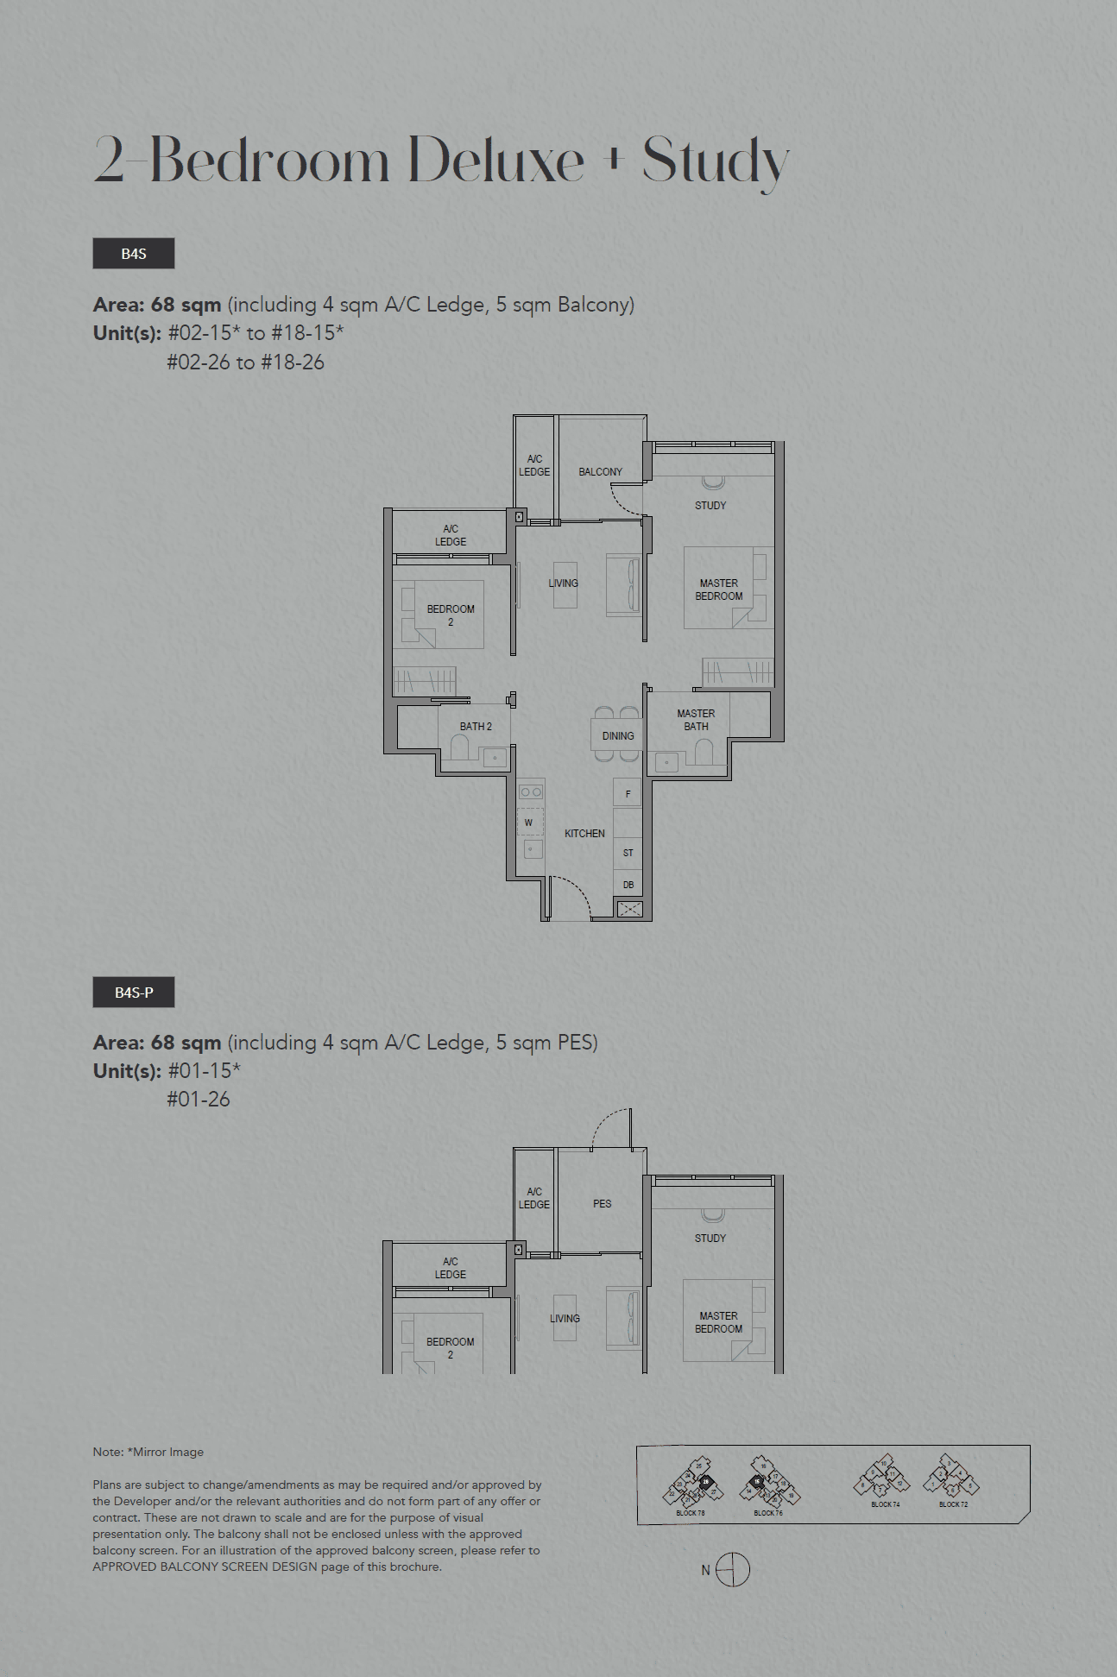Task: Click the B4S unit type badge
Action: tap(134, 254)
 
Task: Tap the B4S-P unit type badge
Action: tap(134, 993)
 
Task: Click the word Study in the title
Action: tap(715, 161)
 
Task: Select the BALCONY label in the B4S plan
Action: tap(600, 472)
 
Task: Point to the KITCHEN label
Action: tap(584, 834)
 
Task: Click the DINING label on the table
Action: tap(618, 736)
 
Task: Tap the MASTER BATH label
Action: tap(696, 720)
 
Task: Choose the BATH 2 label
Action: tap(476, 727)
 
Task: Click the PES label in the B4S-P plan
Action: tap(602, 1204)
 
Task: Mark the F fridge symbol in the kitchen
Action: tap(628, 794)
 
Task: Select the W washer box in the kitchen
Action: tap(529, 823)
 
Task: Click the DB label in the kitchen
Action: tap(628, 885)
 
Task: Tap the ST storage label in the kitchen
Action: tap(628, 853)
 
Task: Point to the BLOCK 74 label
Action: tap(885, 1504)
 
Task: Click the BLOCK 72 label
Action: tap(953, 1504)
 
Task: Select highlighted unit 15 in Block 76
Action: tap(756, 1481)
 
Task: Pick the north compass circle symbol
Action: tap(733, 1569)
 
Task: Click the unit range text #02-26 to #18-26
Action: tap(246, 363)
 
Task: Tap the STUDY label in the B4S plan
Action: tap(710, 506)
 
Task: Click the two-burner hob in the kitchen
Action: tap(531, 791)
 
